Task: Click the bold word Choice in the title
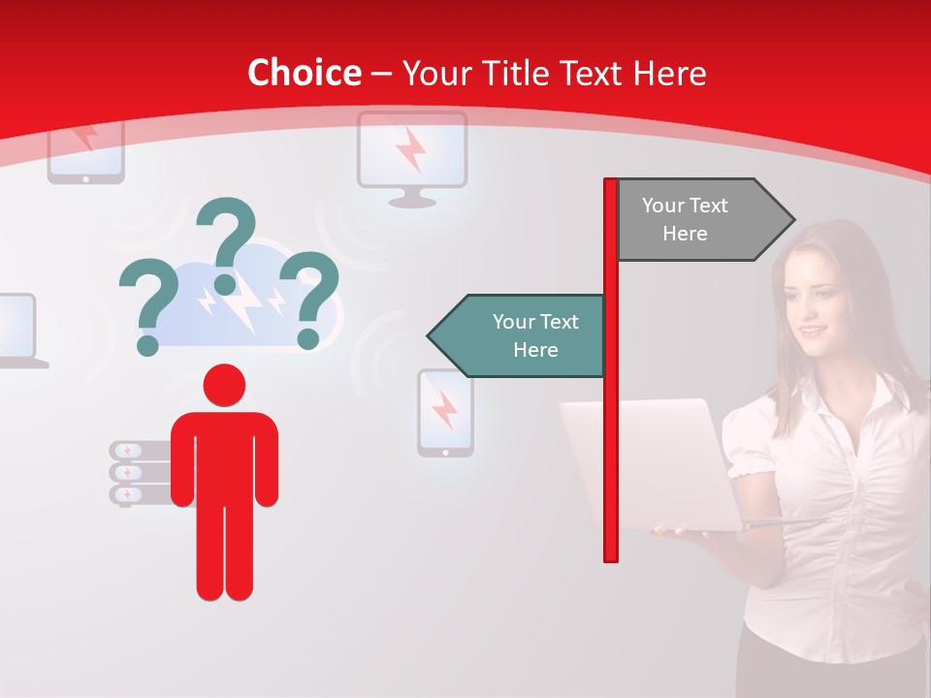point(304,74)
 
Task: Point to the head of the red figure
point(224,385)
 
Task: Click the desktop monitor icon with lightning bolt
point(412,155)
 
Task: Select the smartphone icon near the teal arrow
point(445,412)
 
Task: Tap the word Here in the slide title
point(669,74)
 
